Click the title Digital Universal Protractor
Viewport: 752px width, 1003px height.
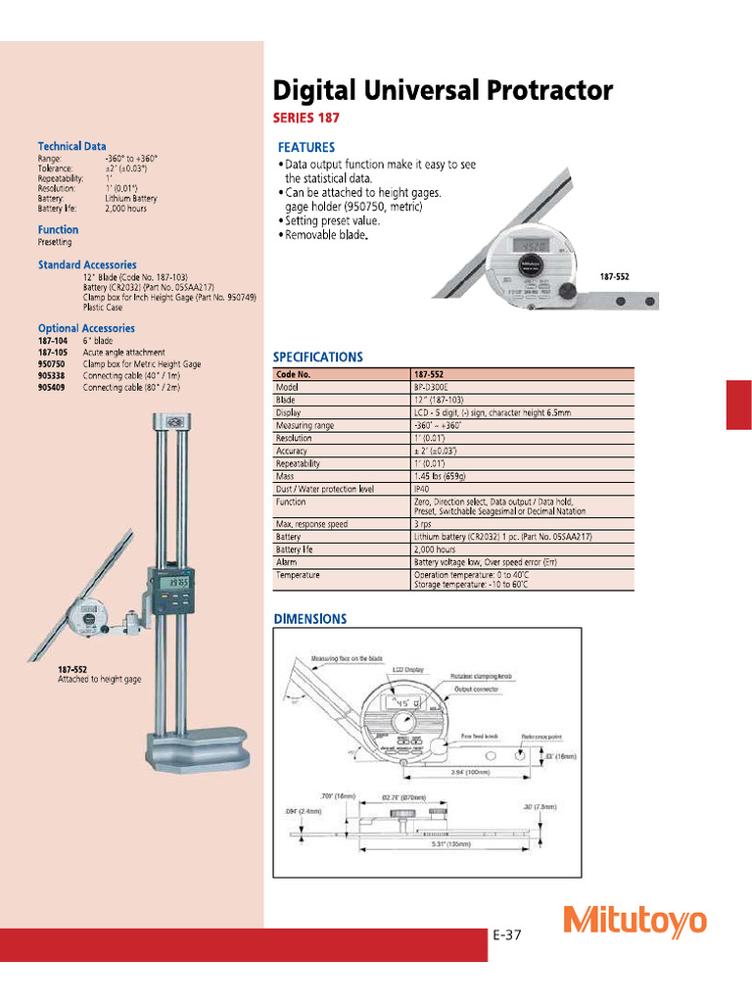442,91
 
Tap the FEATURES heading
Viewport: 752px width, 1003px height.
306,147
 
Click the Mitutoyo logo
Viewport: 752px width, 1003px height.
634,921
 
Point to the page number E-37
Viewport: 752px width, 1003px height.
507,935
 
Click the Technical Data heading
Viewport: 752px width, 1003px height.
71,146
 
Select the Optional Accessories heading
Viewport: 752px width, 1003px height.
86,328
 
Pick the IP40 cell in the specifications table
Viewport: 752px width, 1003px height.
423,488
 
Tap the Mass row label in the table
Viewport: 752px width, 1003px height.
286,475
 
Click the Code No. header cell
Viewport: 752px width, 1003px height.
295,374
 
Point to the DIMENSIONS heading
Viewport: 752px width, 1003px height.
309,619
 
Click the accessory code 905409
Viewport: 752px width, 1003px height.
53,388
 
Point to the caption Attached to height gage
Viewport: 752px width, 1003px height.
99,680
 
